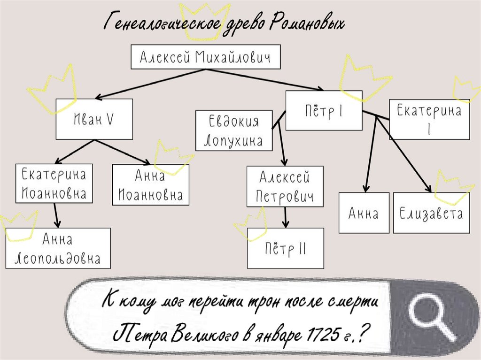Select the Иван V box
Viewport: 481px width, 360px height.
[x=94, y=119]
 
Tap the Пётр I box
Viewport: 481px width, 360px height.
[x=323, y=110]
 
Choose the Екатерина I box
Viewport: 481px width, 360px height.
[x=429, y=120]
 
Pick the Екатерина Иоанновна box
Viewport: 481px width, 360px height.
[x=54, y=183]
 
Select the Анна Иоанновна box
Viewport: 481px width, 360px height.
[x=150, y=184]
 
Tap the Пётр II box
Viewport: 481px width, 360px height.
[x=285, y=248]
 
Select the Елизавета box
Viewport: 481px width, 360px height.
[x=431, y=214]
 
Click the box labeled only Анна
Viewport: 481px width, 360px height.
[x=364, y=213]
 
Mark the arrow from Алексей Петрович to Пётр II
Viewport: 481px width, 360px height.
[x=285, y=217]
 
